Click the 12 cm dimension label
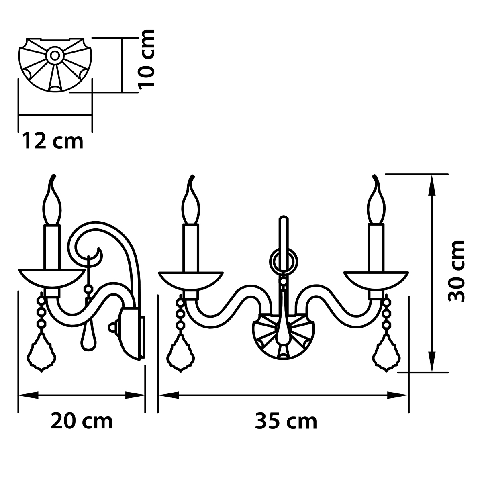tap(53, 142)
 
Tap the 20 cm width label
tap(82, 422)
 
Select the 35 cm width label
tap(286, 422)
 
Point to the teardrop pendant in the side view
tap(88, 337)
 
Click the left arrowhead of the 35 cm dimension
tap(169, 395)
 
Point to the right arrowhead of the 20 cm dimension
tap(135, 395)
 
